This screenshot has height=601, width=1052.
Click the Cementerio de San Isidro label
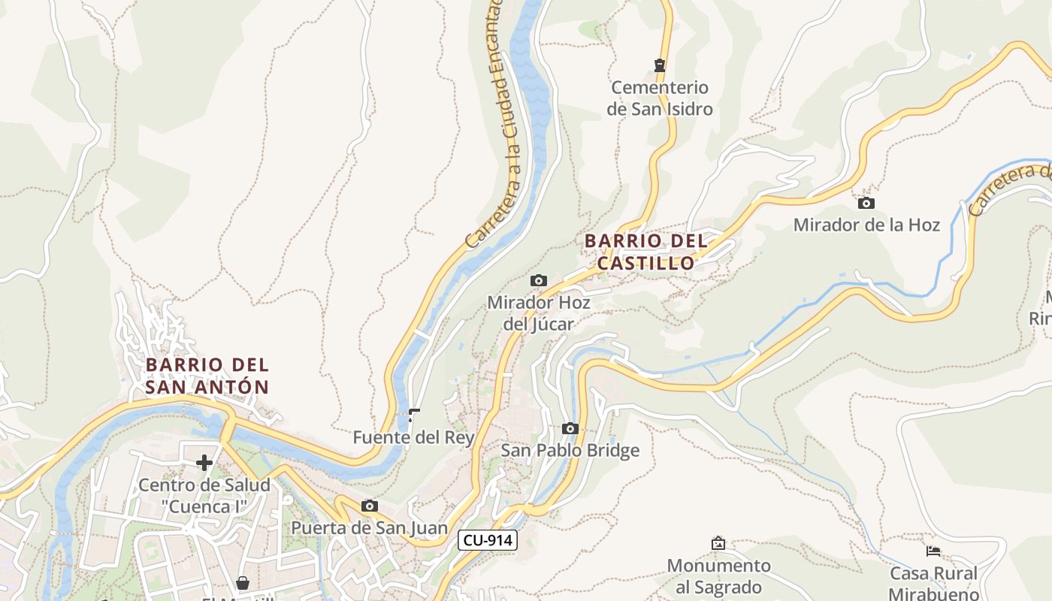(x=659, y=98)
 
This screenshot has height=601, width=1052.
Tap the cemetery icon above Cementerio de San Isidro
(x=660, y=65)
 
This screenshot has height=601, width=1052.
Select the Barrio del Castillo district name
(x=646, y=252)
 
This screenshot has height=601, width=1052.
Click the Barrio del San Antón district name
(x=207, y=376)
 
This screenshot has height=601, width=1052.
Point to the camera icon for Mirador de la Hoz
(x=866, y=203)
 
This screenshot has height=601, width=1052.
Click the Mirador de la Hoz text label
(x=866, y=225)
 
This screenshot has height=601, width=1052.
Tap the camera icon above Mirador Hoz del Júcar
(x=539, y=280)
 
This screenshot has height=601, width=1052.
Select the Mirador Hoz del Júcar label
(x=539, y=313)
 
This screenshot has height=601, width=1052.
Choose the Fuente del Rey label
(x=413, y=437)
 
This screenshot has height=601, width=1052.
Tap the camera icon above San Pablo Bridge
(x=570, y=428)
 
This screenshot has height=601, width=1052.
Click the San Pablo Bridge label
(x=570, y=450)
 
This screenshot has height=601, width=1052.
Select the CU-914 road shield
(x=488, y=539)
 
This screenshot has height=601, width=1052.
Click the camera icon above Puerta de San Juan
(x=369, y=506)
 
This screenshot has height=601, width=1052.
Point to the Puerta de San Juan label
(x=369, y=528)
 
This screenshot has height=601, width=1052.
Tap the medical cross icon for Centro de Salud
(x=204, y=463)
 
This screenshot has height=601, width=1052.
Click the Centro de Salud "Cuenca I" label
(x=204, y=496)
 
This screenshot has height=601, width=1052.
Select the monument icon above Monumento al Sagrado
(x=718, y=542)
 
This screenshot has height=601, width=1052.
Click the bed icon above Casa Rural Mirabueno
(x=933, y=551)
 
